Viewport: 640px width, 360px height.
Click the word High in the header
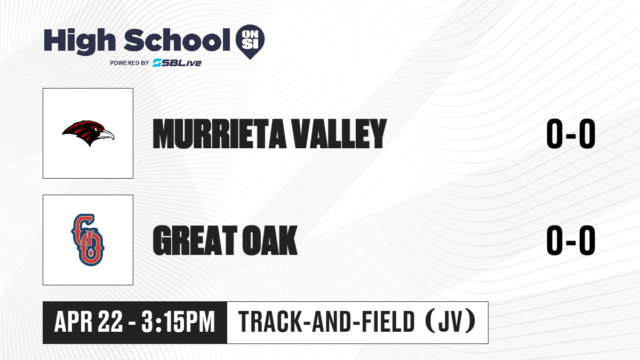pos(79,41)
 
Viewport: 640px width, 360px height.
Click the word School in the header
pos(177,39)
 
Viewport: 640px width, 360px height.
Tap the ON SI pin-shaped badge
pos(250,42)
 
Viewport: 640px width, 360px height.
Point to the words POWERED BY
pos(130,63)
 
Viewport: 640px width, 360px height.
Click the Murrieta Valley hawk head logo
pos(88,133)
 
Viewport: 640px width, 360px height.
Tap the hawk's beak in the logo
pos(107,134)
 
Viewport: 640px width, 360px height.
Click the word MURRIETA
pos(219,134)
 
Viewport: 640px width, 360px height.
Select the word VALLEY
pos(339,134)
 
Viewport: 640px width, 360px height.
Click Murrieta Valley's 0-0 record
pos(571,134)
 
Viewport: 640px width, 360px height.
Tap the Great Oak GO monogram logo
pos(87,239)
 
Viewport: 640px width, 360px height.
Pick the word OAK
pos(270,240)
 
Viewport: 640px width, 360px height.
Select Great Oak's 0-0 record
pos(571,240)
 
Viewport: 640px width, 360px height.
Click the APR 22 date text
pos(89,322)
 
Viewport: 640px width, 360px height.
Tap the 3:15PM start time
pos(178,322)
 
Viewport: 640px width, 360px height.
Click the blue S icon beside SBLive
pos(157,63)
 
